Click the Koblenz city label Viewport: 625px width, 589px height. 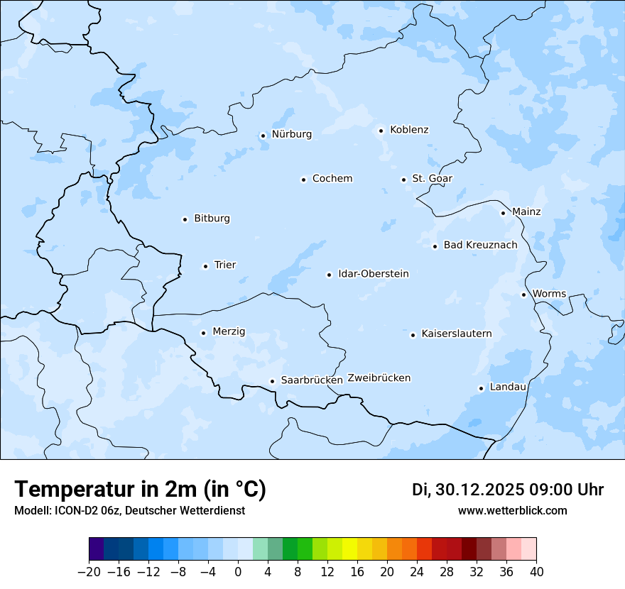pos(409,130)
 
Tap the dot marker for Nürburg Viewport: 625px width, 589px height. pos(263,136)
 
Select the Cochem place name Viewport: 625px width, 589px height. pos(332,179)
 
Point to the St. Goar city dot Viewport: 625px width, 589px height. pos(403,180)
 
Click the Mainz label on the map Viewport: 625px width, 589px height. pos(526,212)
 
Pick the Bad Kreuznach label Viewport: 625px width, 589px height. pos(480,246)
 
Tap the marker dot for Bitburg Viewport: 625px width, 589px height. pos(185,219)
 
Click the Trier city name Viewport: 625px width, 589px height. pos(225,265)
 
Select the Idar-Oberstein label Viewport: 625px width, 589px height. pos(374,274)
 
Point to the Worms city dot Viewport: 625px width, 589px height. pos(523,294)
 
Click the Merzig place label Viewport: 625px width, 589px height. pos(229,332)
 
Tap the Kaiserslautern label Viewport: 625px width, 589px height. pos(457,334)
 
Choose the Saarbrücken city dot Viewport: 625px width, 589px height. pos(272,381)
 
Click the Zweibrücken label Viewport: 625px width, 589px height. pos(379,378)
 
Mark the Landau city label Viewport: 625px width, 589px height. pos(508,387)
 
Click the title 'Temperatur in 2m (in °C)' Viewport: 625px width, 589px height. pos(140,489)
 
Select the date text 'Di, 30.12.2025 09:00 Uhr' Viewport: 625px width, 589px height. pos(508,490)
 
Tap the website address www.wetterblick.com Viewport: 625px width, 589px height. pos(512,510)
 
